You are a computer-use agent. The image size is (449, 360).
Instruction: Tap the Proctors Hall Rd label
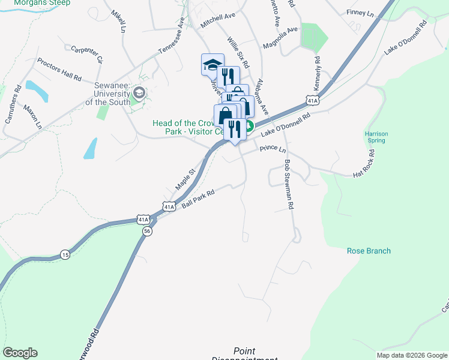[59, 70]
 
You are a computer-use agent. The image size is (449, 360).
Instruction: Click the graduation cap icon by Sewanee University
[139, 92]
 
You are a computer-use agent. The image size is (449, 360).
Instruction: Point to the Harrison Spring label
[376, 137]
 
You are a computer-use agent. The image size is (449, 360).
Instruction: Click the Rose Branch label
[369, 251]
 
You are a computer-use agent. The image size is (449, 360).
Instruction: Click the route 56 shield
[148, 230]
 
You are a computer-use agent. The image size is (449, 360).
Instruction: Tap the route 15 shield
[65, 255]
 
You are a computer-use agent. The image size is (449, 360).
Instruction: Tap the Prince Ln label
[273, 148]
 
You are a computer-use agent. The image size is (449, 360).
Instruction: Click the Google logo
[20, 353]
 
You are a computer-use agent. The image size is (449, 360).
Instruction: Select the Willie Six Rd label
[238, 52]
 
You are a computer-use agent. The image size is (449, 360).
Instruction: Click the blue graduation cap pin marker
[212, 64]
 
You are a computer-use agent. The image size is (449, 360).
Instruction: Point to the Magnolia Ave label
[280, 37]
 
